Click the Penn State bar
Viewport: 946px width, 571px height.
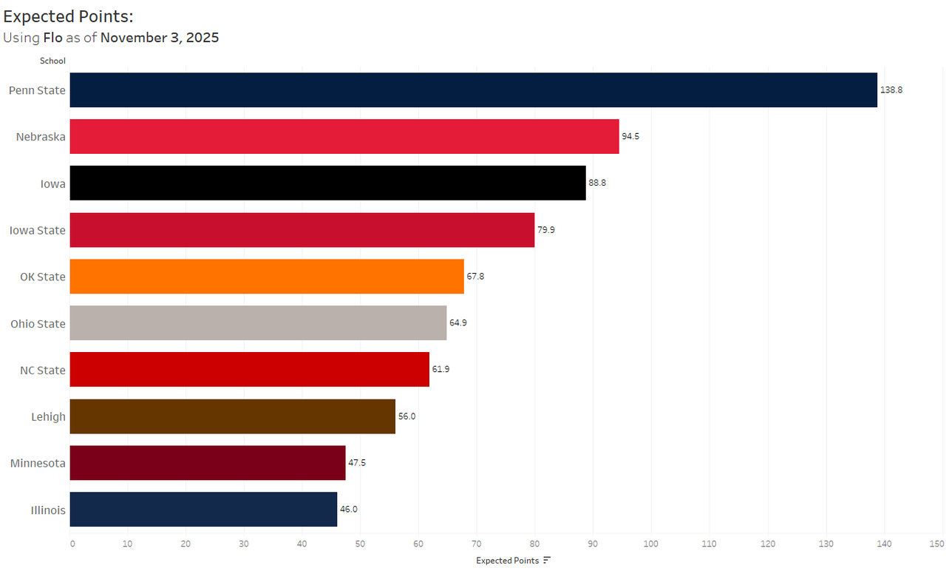[x=473, y=90]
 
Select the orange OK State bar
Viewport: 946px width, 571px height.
[x=267, y=277]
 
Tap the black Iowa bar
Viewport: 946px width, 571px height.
[x=327, y=183]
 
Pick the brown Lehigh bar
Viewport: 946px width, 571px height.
[x=232, y=416]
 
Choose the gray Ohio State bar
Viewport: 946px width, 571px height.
[x=258, y=323]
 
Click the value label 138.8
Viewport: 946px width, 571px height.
[x=891, y=90]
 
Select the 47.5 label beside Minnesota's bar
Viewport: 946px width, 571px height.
[x=357, y=463]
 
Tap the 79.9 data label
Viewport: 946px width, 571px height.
[x=546, y=230]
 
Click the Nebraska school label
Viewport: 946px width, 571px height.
[x=41, y=137]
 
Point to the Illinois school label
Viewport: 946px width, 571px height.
[x=47, y=510]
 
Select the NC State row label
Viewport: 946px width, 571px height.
[x=43, y=370]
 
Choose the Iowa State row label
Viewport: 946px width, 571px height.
[x=37, y=230]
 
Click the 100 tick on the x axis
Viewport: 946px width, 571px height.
[x=651, y=544]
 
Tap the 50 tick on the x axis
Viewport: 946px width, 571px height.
[x=360, y=544]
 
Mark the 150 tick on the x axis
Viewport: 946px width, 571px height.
[x=937, y=544]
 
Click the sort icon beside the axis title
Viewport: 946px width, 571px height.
[x=547, y=561]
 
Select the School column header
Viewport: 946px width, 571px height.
[x=52, y=61]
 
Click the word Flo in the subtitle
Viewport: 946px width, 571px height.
[x=53, y=37]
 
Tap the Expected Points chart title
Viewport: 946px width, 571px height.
[x=69, y=16]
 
